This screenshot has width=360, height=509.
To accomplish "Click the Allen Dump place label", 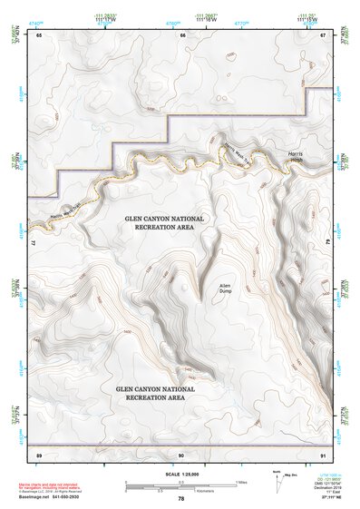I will [226, 288].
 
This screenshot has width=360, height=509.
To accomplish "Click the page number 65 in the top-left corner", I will [39, 35].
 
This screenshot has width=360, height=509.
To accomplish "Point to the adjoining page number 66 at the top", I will [182, 35].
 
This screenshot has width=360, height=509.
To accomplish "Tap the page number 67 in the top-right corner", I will [324, 35].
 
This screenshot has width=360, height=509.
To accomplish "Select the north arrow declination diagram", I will [277, 478].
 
